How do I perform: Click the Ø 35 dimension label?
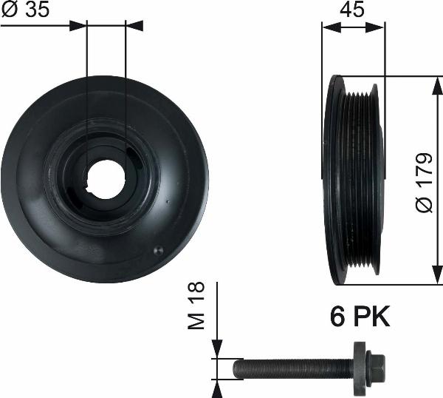pos(23,10)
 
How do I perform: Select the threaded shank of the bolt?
pos(295,368)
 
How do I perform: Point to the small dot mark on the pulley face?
pos(156,251)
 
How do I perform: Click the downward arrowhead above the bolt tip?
pos(216,351)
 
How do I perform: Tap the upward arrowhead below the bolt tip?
pos(216,386)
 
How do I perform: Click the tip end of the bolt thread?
pos(237,368)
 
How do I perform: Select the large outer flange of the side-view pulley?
pos(335,180)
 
